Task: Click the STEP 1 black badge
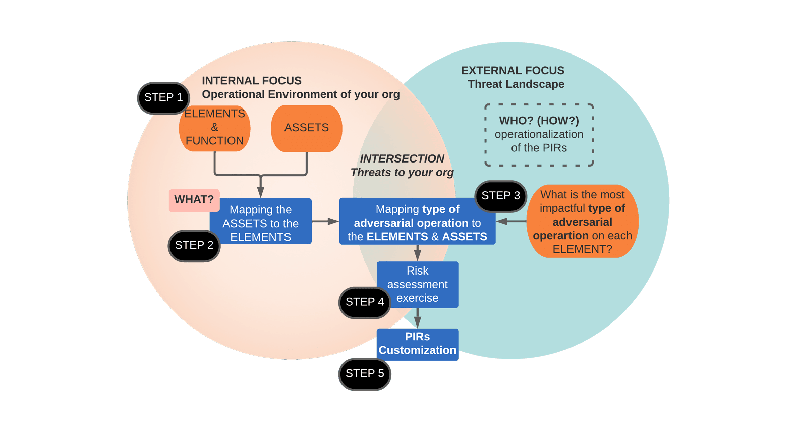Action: (163, 98)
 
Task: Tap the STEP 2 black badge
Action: (194, 246)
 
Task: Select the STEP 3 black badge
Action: (500, 196)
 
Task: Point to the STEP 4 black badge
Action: (364, 302)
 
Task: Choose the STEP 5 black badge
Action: (364, 374)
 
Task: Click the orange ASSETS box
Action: (306, 128)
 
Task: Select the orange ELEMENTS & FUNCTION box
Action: (214, 128)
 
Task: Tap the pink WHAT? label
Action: (194, 200)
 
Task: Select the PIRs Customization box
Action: (417, 344)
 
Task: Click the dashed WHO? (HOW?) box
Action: (539, 135)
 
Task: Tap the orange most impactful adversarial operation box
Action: (582, 222)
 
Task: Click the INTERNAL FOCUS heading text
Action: (251, 81)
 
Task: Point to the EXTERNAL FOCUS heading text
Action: (513, 71)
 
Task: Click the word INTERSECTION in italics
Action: (402, 159)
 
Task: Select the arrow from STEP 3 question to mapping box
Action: (510, 221)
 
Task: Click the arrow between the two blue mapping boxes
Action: (325, 221)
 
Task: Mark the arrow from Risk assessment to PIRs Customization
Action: (417, 318)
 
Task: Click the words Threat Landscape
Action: (516, 84)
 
